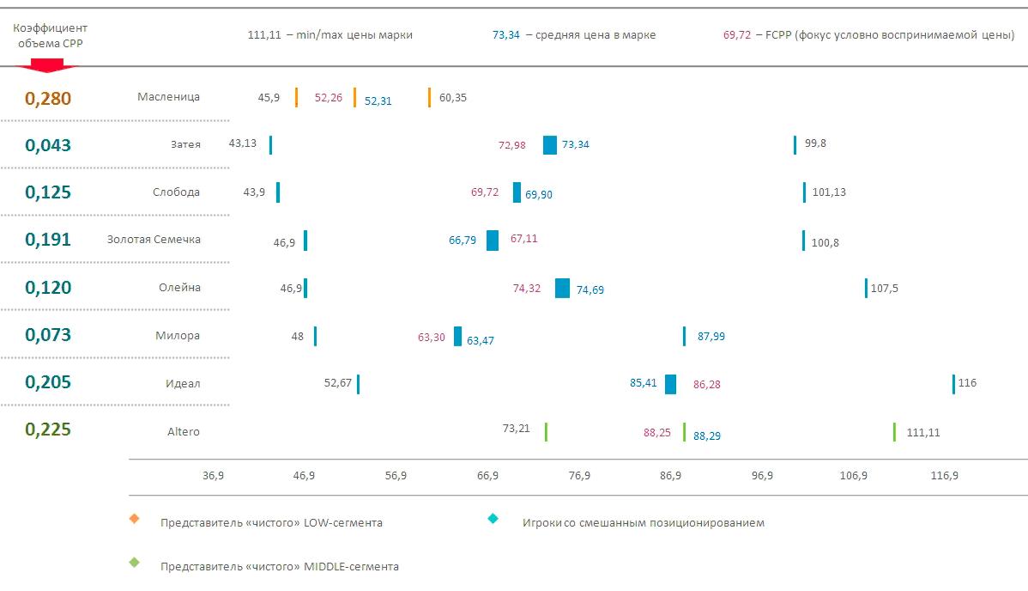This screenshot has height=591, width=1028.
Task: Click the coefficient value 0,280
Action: pyautogui.click(x=48, y=98)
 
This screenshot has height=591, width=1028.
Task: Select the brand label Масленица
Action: pyautogui.click(x=168, y=97)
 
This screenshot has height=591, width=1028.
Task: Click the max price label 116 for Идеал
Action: pyautogui.click(x=967, y=383)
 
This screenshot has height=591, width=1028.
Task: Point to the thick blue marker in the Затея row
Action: pyautogui.click(x=550, y=145)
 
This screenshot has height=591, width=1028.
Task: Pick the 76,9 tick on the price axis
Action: pyautogui.click(x=579, y=476)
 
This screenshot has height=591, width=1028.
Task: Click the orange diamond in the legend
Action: pyautogui.click(x=133, y=519)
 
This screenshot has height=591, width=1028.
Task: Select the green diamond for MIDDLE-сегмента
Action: pyautogui.click(x=133, y=563)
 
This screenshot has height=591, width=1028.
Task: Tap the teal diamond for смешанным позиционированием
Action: pyautogui.click(x=493, y=519)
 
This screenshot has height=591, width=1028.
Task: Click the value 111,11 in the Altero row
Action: pyautogui.click(x=923, y=432)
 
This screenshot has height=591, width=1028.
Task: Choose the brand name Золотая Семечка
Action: pyautogui.click(x=154, y=240)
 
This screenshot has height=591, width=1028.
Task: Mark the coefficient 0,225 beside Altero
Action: pyautogui.click(x=48, y=430)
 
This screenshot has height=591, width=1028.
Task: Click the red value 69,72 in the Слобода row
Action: pyautogui.click(x=485, y=192)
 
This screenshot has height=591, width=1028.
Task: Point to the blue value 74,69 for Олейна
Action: pyautogui.click(x=590, y=290)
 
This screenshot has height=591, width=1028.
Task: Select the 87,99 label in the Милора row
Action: pyautogui.click(x=711, y=337)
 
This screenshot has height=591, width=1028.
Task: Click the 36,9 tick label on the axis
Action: pyautogui.click(x=213, y=476)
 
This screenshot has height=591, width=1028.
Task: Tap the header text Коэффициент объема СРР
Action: pyautogui.click(x=50, y=35)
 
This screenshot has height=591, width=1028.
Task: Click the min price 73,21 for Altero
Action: pyautogui.click(x=517, y=429)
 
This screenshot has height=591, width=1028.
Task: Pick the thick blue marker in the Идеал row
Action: pyautogui.click(x=670, y=384)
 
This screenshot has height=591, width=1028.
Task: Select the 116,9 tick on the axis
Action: pyautogui.click(x=945, y=476)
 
